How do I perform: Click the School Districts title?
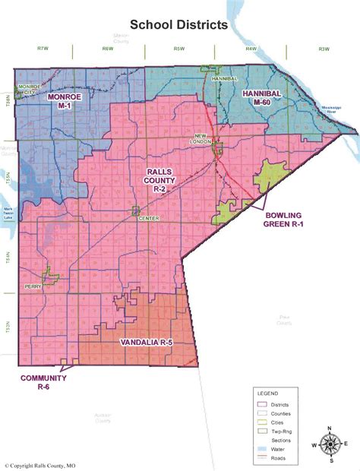pyautogui.click(x=178, y=25)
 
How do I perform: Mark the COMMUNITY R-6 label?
pyautogui.click(x=43, y=382)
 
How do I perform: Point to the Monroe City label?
pyautogui.click(x=29, y=90)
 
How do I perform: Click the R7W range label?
pyautogui.click(x=43, y=49)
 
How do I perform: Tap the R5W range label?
pyautogui.click(x=179, y=49)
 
